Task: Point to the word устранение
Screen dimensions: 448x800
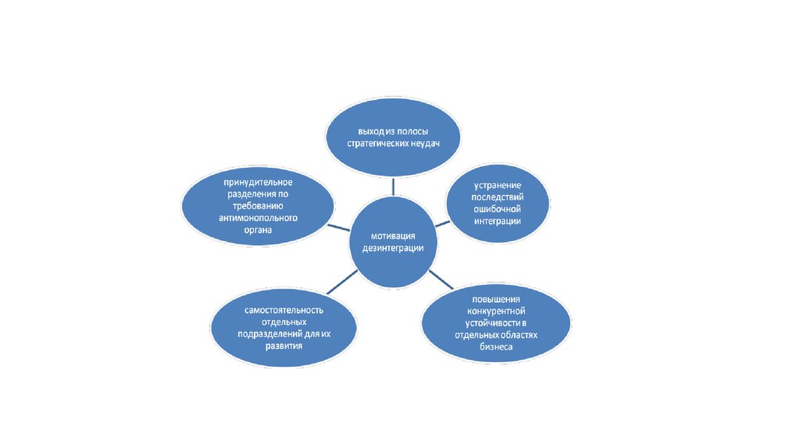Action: [497, 186]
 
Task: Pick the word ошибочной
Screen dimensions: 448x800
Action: [497, 209]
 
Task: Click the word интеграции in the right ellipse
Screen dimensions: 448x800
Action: [497, 221]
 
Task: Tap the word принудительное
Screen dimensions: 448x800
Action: [258, 182]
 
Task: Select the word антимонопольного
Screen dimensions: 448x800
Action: [258, 219]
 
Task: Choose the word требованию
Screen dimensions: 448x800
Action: [258, 206]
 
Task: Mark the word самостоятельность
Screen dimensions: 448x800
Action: [284, 310]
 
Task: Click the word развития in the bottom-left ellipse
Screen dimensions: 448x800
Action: [284, 346]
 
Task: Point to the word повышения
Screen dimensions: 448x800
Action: [497, 300]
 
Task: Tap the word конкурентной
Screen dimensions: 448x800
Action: [497, 311]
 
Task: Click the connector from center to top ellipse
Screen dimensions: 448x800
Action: [394, 185]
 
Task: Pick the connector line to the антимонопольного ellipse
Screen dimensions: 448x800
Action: [338, 226]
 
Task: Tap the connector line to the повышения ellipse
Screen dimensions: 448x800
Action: [441, 280]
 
